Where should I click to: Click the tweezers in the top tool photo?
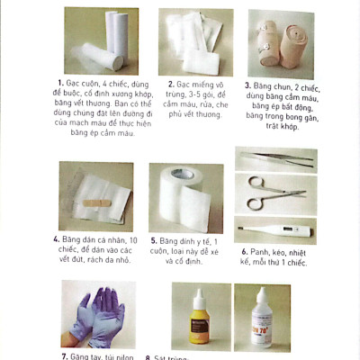coord(275,159)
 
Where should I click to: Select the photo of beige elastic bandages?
coord(281,42)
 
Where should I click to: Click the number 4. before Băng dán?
coord(57,240)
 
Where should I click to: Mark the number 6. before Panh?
coord(244,251)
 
